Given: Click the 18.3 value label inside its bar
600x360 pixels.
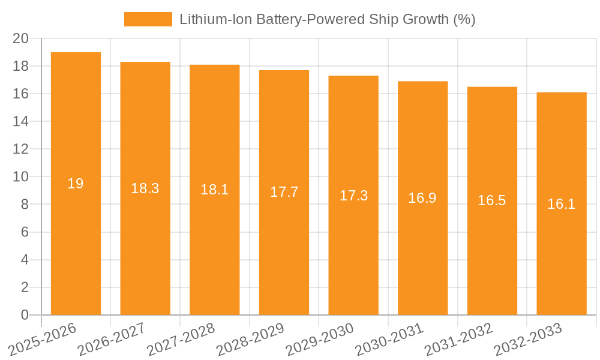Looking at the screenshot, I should click(145, 188).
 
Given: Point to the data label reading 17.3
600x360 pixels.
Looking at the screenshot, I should click(353, 195).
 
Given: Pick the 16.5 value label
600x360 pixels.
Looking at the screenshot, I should click(492, 200).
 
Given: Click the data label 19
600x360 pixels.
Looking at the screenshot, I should click(76, 184).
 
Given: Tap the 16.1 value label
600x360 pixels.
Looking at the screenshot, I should click(562, 203).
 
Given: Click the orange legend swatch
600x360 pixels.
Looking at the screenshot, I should click(148, 19).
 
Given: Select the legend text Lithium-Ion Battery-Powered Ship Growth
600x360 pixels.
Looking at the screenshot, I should click(327, 19).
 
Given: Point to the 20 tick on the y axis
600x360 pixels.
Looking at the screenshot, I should click(21, 38).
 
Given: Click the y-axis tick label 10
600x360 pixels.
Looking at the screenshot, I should click(21, 177).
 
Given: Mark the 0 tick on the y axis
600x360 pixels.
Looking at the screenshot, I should click(25, 315).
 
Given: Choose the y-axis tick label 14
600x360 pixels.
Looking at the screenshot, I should click(21, 121).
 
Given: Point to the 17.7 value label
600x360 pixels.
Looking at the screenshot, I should click(284, 192).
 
